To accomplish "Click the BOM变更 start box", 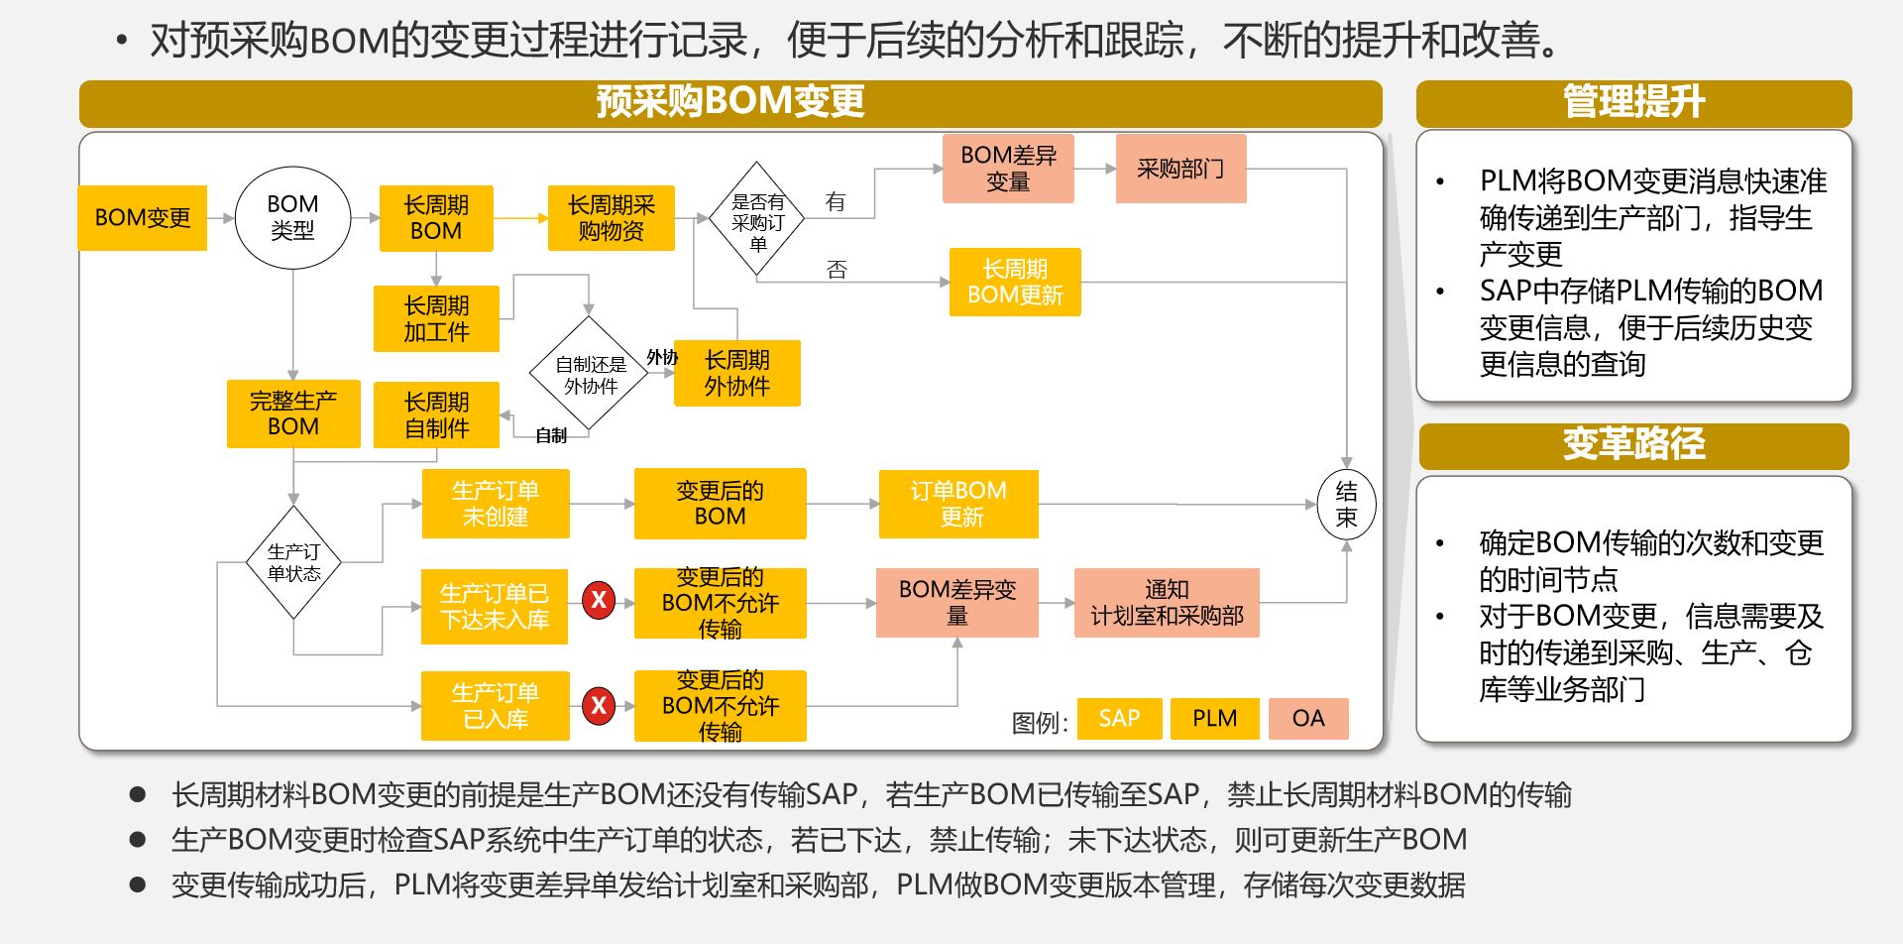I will [142, 217].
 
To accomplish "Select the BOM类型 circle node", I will [292, 217].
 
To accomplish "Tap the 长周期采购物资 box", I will [611, 217].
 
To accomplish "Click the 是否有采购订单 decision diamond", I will [757, 219].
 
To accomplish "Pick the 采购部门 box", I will [1179, 169].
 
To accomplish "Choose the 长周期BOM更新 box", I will [1014, 283].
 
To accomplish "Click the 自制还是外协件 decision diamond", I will [590, 374].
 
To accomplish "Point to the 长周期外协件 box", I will [736, 373].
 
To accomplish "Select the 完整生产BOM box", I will [293, 413].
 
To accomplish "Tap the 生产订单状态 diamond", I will [293, 562].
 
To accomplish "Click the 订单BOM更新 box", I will [958, 504].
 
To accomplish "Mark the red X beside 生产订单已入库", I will [599, 706].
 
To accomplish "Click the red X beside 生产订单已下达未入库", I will [599, 600].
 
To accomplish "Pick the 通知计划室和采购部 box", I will [1167, 602].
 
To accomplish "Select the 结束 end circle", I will [1346, 504].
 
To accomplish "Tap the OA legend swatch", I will [1307, 718].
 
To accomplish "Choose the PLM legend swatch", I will [1214, 718].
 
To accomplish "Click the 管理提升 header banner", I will [1633, 102].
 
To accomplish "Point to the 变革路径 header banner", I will [1633, 445].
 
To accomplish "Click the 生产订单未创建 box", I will [496, 504].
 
